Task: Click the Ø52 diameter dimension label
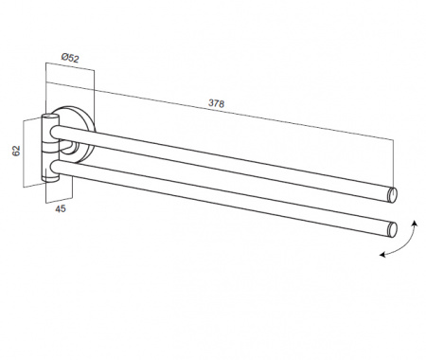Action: point(70,58)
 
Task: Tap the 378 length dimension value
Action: point(216,103)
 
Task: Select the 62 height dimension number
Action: point(16,151)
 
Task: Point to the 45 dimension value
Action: point(61,208)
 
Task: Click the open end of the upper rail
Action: point(392,194)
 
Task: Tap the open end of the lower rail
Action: point(392,229)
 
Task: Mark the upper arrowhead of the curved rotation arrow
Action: point(415,224)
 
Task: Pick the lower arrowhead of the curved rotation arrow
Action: point(382,254)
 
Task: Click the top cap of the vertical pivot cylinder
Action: point(50,116)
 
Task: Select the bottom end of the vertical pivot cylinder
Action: point(50,179)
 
